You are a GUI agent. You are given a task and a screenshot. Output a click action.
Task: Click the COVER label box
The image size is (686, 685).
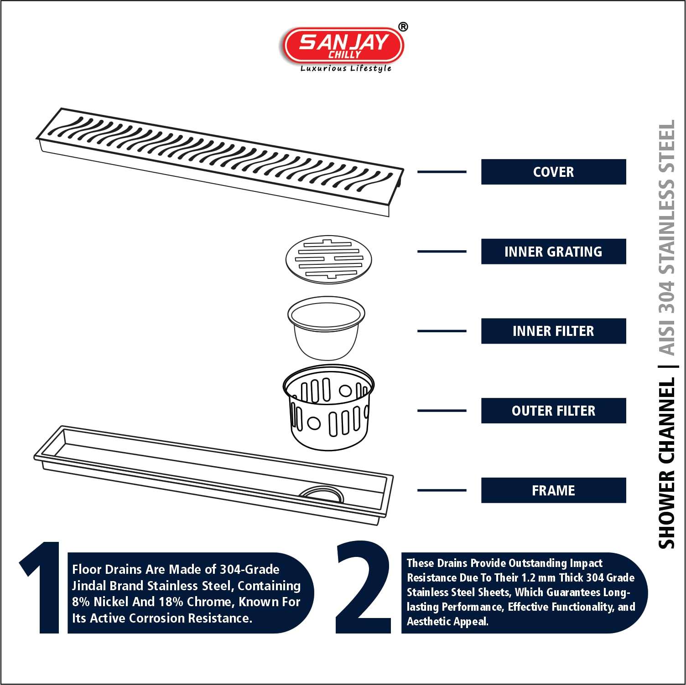click(553, 172)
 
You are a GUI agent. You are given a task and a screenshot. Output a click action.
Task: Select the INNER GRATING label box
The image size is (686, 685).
click(553, 252)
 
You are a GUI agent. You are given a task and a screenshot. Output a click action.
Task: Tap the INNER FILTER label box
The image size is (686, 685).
click(553, 331)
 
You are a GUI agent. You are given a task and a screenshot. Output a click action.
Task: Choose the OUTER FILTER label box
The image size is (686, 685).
click(553, 411)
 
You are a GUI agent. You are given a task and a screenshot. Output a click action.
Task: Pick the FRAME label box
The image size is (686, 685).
click(553, 490)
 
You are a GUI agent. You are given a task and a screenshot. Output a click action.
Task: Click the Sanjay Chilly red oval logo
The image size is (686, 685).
click(343, 46)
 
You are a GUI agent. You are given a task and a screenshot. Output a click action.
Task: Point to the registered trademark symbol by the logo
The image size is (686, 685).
click(403, 27)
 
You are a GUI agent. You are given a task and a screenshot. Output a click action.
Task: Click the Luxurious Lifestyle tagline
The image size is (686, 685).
click(346, 68)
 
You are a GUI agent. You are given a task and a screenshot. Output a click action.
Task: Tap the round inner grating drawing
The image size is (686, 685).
click(328, 258)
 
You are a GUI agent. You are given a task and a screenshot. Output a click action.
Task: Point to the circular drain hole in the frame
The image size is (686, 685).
click(321, 494)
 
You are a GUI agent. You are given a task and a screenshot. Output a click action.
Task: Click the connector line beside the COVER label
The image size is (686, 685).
click(442, 172)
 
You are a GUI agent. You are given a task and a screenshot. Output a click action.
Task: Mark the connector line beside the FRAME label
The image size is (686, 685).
click(442, 490)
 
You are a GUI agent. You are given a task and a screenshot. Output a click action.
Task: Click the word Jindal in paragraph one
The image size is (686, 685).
click(88, 586)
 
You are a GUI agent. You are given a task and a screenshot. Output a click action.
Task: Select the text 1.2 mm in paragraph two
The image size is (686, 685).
click(538, 578)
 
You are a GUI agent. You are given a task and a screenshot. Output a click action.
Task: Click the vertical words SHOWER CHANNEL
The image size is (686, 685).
click(666, 463)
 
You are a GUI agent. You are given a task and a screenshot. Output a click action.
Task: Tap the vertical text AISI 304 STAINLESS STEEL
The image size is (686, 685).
click(666, 237)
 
